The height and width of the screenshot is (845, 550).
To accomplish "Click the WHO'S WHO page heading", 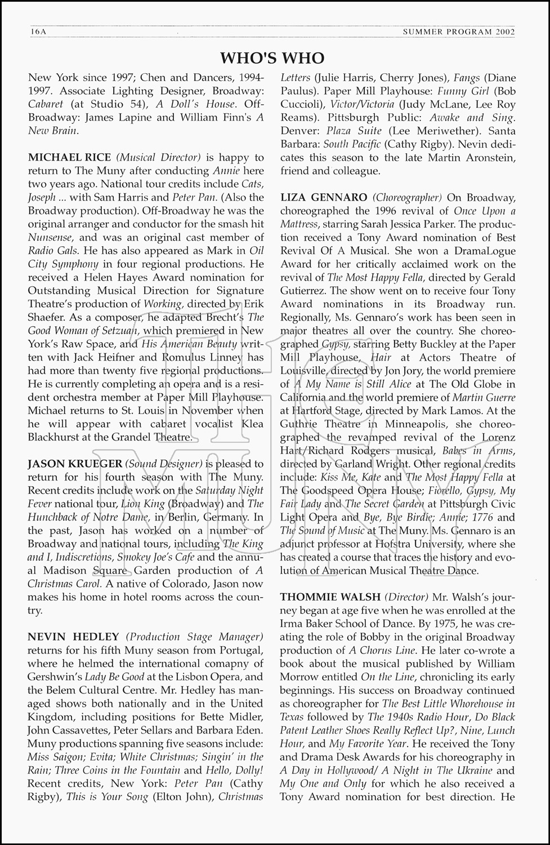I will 272,58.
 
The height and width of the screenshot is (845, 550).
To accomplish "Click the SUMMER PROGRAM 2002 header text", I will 459,32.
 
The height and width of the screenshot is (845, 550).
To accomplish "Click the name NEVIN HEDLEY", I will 73,637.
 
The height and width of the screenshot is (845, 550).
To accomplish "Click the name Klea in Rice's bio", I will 251,424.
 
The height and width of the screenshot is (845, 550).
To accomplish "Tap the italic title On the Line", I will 388,677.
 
